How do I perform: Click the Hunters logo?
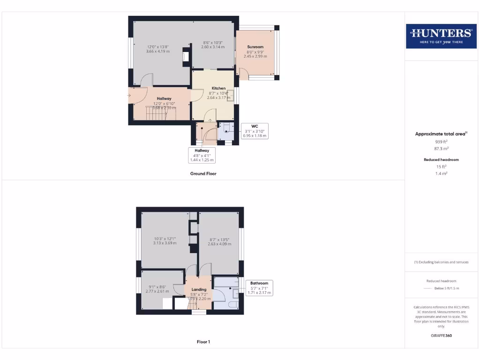tap(441, 36)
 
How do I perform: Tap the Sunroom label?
tap(255, 47)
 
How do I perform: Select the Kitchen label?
tap(218, 88)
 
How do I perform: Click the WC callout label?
tap(255, 126)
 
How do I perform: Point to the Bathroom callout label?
tap(259, 283)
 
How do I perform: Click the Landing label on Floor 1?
tap(199, 289)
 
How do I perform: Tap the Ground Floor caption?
tap(203, 173)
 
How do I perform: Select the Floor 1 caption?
tap(203, 342)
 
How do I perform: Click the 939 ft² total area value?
tap(442, 141)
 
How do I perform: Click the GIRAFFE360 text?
tap(442, 336)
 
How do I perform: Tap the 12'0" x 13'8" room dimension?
tap(157, 46)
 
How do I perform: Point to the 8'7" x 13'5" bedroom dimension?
tap(219, 240)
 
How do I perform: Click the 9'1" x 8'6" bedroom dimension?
tap(157, 287)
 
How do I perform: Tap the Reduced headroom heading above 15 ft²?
tap(442, 159)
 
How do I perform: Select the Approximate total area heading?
tap(441, 134)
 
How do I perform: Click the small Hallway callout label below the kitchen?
tap(202, 150)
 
